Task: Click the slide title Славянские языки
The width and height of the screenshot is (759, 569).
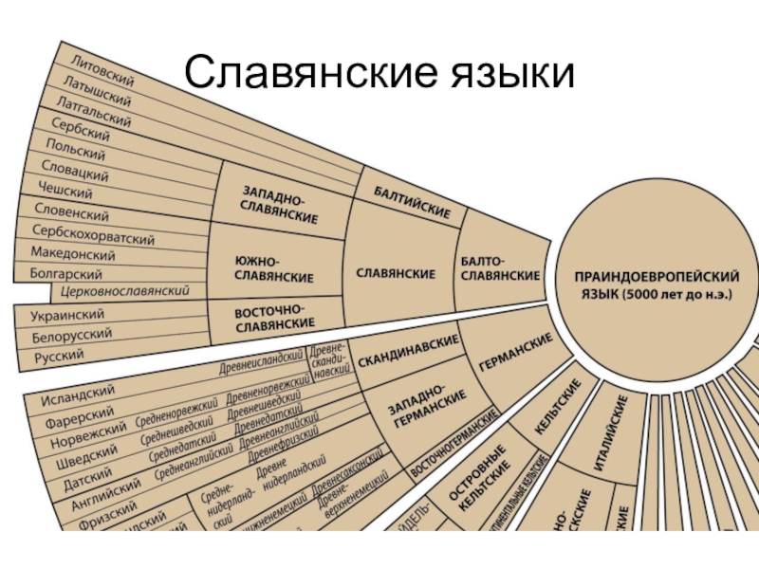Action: (x=379, y=72)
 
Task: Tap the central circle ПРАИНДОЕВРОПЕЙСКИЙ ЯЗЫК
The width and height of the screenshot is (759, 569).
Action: (x=658, y=284)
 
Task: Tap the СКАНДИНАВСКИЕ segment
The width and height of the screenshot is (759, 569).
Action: (x=409, y=353)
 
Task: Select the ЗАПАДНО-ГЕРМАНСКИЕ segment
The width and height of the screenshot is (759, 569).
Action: (x=426, y=409)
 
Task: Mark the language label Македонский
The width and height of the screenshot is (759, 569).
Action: (x=73, y=254)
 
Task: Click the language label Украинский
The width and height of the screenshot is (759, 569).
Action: (x=67, y=314)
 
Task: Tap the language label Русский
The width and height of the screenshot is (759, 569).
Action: (x=59, y=357)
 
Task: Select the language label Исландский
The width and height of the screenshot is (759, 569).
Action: (x=79, y=392)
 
